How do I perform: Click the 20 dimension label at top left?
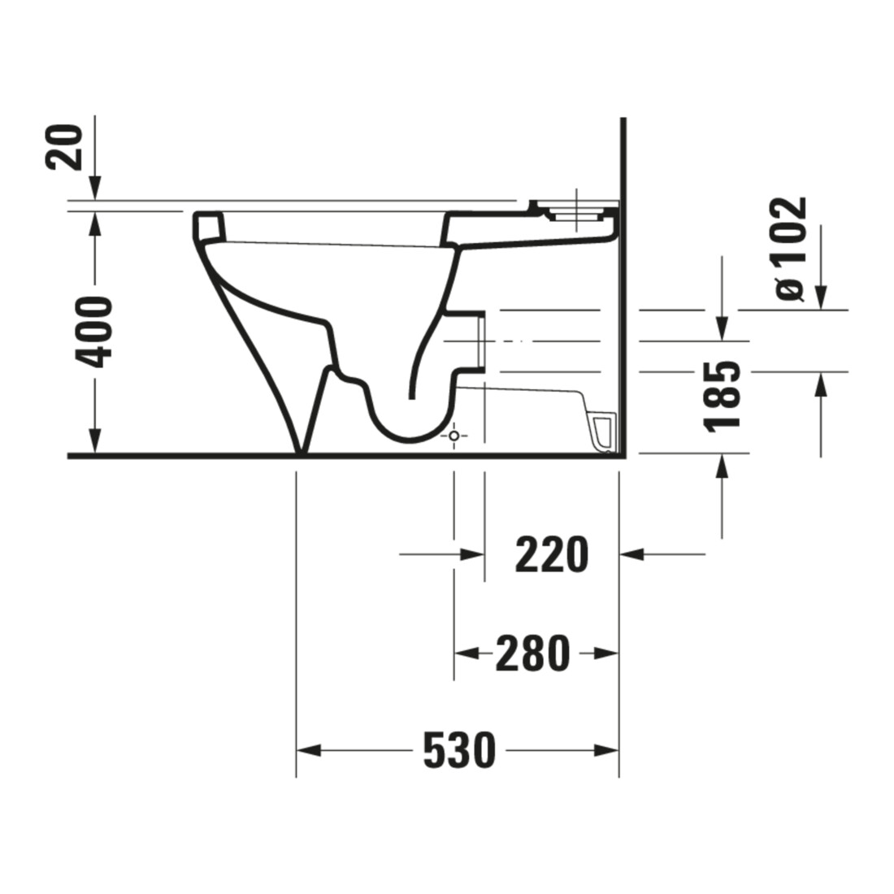64,147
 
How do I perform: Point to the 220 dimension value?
551,555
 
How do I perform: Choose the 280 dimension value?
532,653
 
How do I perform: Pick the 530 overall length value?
459,751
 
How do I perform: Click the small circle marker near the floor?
454,436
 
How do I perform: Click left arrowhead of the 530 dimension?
309,750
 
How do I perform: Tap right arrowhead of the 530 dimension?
606,750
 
